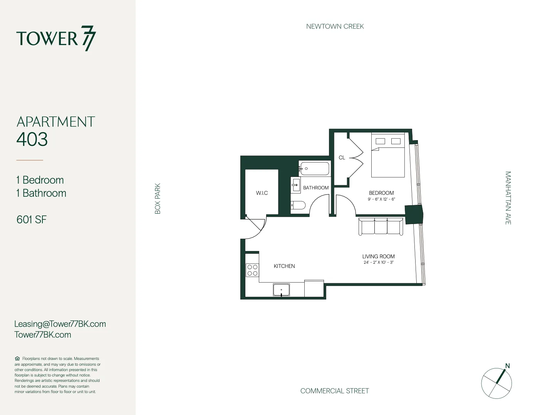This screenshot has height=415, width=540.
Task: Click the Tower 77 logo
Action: coord(56,38)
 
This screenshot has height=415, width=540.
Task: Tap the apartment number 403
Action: coord(32,139)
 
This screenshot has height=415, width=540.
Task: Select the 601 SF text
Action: coord(32,219)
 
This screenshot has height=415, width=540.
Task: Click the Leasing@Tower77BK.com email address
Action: coord(60,324)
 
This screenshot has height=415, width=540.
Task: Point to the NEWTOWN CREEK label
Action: coord(335,27)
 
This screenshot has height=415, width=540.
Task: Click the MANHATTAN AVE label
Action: coord(508,198)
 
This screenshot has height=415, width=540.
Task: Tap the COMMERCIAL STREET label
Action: coord(334,391)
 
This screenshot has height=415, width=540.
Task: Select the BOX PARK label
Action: coord(158,198)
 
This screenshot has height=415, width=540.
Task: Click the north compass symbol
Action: coord(497,383)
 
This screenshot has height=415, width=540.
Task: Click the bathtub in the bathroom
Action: coord(315,169)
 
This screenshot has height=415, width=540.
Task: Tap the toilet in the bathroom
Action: coord(298,205)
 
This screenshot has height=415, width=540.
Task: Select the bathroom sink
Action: coord(295,185)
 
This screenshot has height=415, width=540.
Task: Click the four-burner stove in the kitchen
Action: coord(252,270)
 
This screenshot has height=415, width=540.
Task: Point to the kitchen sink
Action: coord(281,290)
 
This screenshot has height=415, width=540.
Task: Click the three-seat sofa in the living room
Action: coord(381,226)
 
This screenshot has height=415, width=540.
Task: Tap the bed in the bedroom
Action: coord(388,156)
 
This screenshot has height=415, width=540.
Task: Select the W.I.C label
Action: coord(262,193)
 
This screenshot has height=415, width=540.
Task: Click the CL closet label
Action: coord(342,157)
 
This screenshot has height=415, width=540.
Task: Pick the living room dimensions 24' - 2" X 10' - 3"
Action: coord(378,263)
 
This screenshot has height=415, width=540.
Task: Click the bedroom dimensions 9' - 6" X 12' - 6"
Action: coord(381,199)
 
